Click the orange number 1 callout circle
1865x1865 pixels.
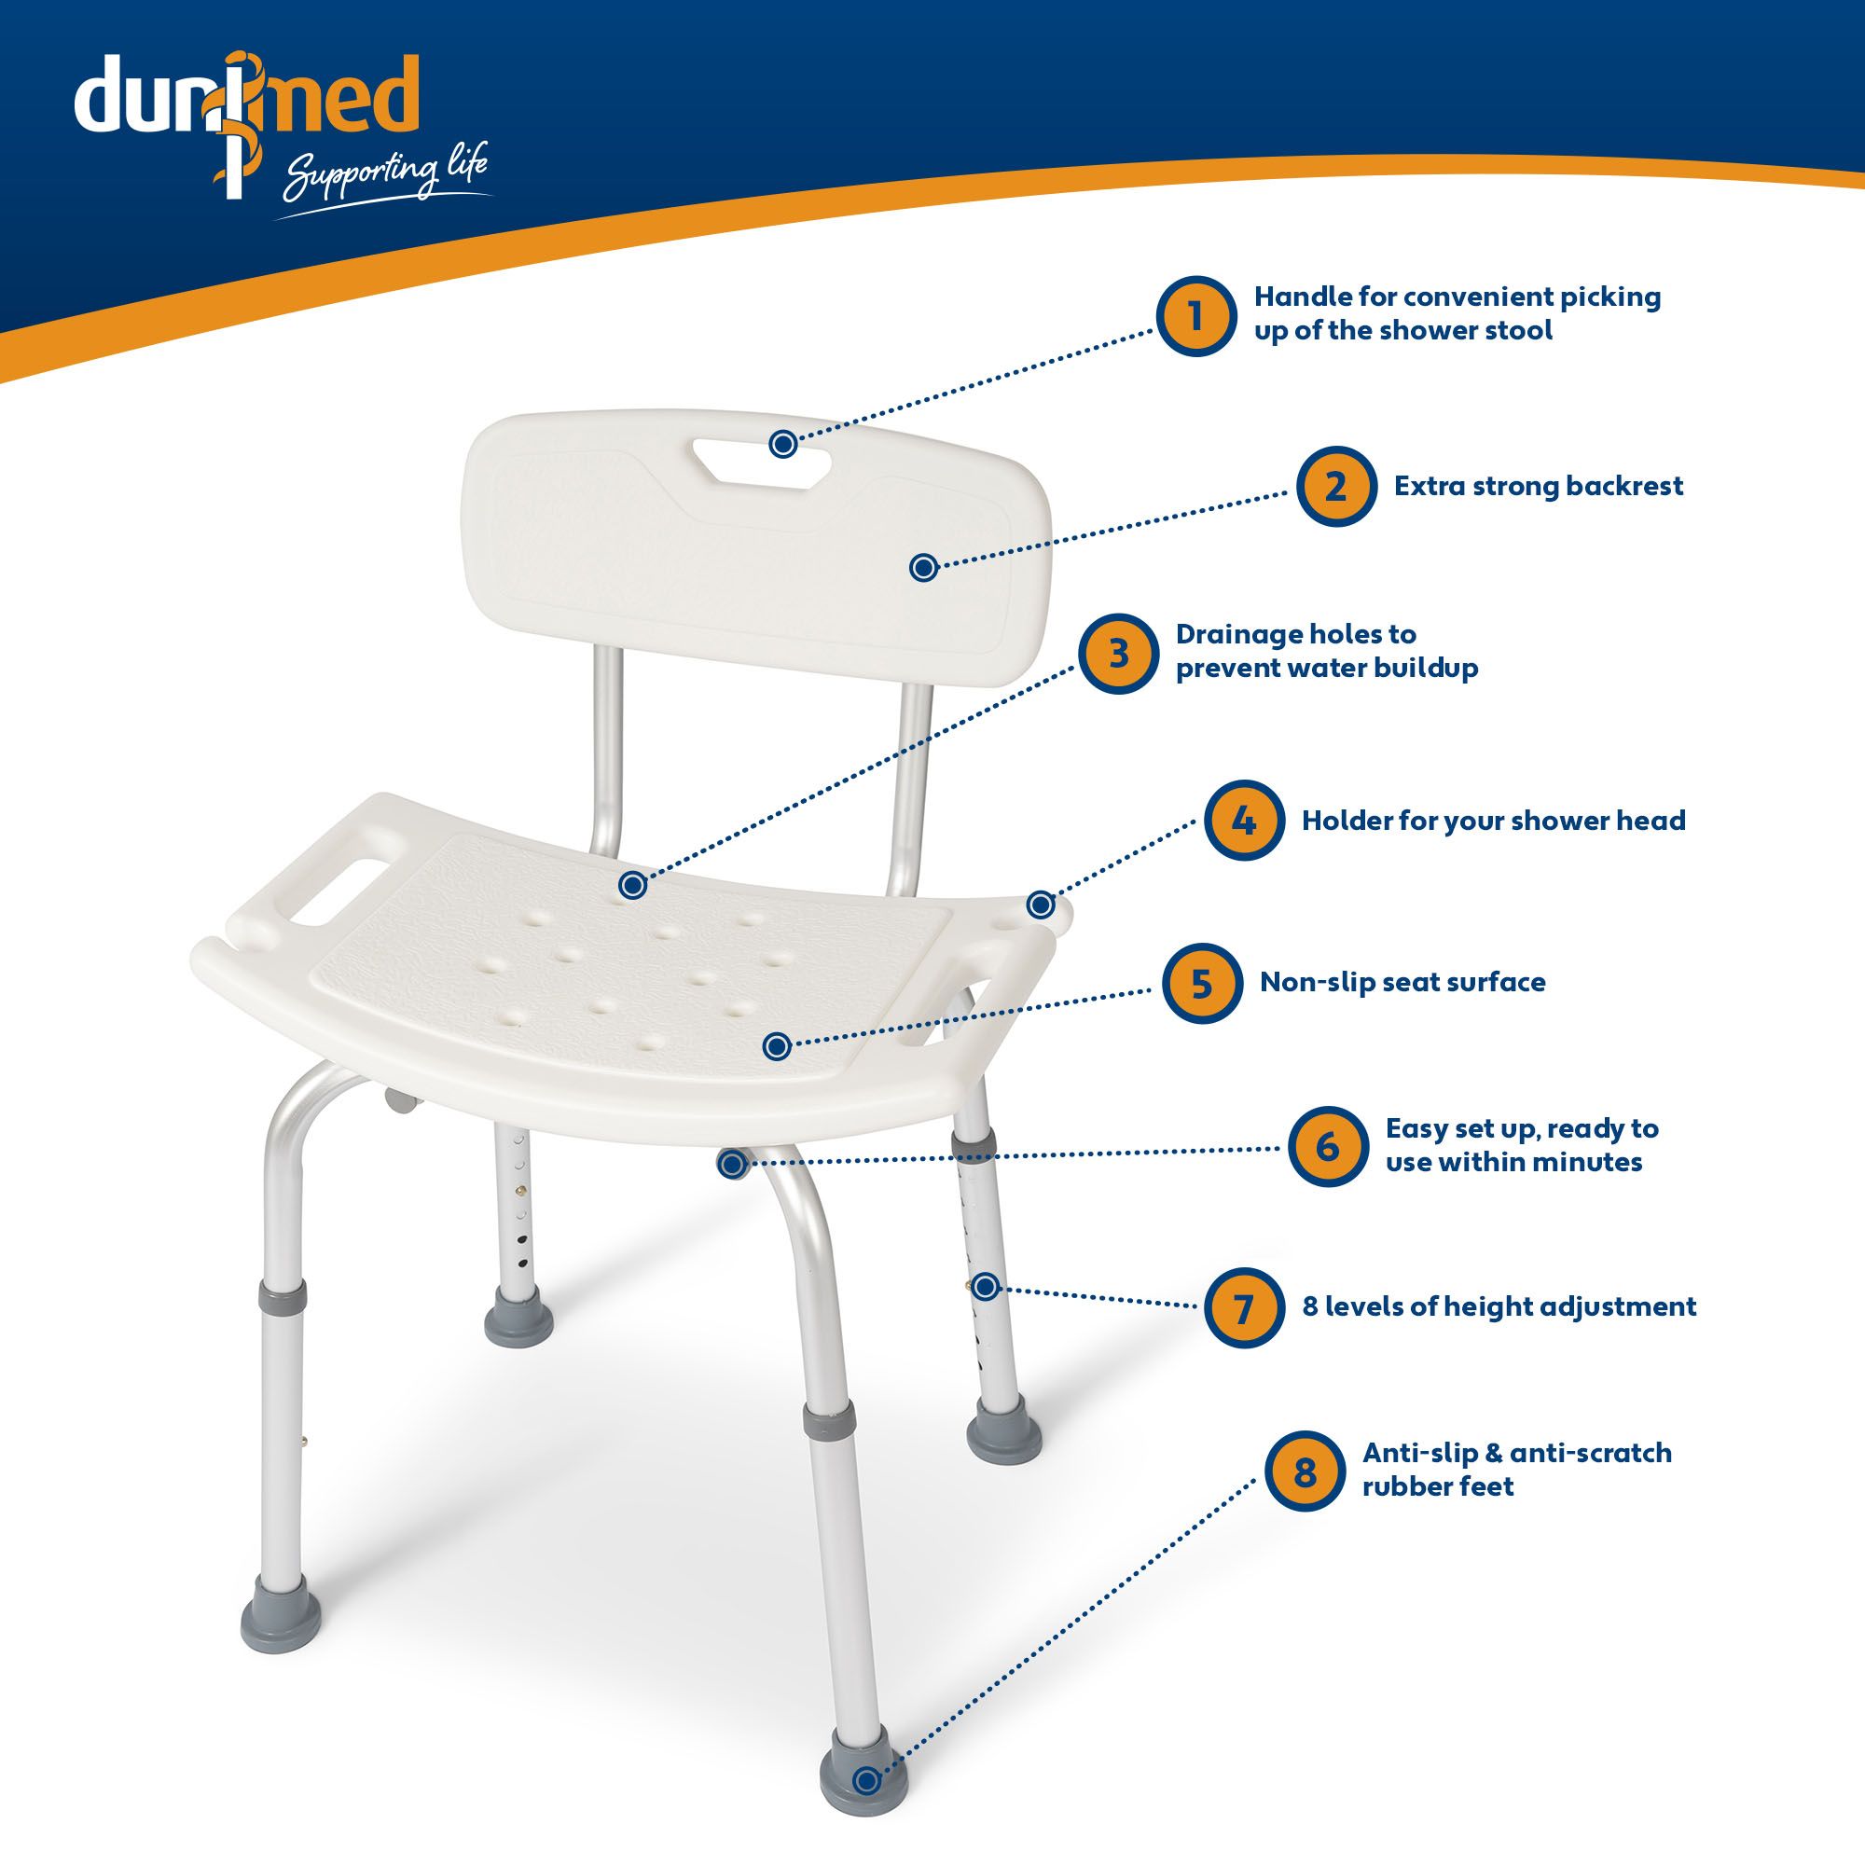click(x=1196, y=316)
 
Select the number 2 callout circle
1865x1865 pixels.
click(x=1336, y=487)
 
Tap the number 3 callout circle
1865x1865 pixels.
click(x=1118, y=654)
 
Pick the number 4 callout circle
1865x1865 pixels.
click(x=1244, y=821)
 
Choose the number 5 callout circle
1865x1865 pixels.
click(x=1201, y=984)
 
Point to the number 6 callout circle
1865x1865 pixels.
click(x=1328, y=1146)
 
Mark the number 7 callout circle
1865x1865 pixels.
click(x=1244, y=1307)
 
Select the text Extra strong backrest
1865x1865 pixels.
click(x=1538, y=486)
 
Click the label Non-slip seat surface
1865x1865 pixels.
click(x=1402, y=983)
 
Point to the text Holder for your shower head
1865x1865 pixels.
click(x=1493, y=821)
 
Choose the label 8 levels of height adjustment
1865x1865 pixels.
click(x=1499, y=1307)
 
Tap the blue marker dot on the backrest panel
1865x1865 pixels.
click(x=924, y=568)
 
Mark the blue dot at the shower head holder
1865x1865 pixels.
click(x=1041, y=905)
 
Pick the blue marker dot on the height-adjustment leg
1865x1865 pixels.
click(x=985, y=1287)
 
